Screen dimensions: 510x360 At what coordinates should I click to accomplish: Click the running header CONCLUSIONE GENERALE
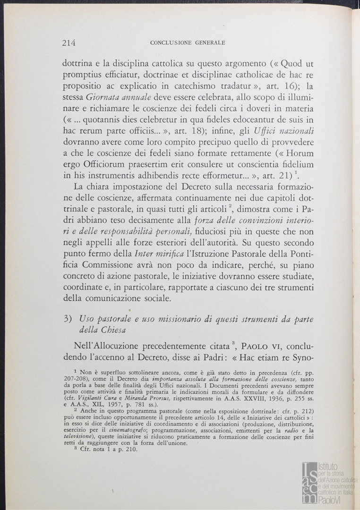click(x=187, y=43)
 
